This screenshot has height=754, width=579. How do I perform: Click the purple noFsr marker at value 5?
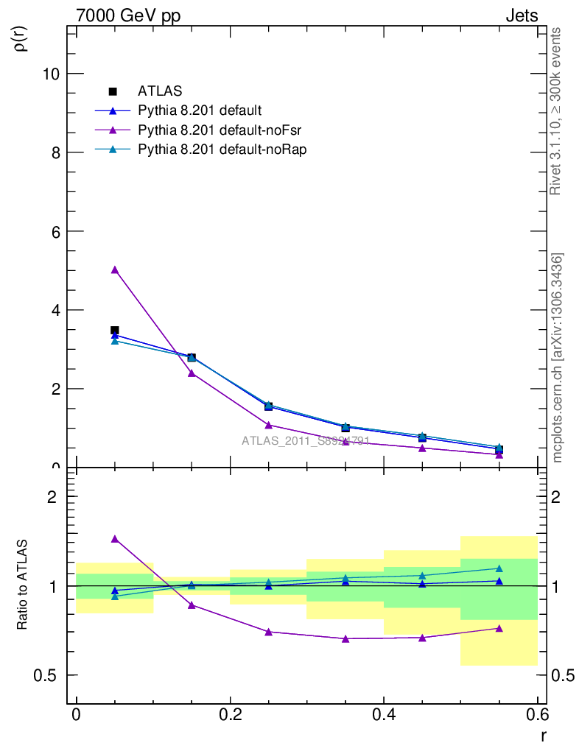click(114, 270)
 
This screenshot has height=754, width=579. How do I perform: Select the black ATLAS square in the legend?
click(113, 91)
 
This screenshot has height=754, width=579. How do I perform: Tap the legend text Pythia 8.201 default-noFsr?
click(220, 130)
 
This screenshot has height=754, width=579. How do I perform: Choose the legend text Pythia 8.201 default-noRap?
click(222, 149)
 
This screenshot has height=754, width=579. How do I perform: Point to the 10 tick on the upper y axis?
click(51, 74)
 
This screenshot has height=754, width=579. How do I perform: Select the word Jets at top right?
click(521, 15)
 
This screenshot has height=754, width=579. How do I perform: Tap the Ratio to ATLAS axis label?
click(23, 585)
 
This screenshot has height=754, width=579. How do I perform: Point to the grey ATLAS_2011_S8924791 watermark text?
click(305, 441)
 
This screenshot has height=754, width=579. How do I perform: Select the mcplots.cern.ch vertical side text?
click(558, 358)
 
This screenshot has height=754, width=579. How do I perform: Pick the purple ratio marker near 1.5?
click(114, 539)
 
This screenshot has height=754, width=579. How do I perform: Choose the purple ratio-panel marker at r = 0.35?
click(345, 638)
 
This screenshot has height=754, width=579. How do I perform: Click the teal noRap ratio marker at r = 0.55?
click(499, 568)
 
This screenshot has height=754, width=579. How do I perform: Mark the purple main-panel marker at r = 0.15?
click(192, 373)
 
